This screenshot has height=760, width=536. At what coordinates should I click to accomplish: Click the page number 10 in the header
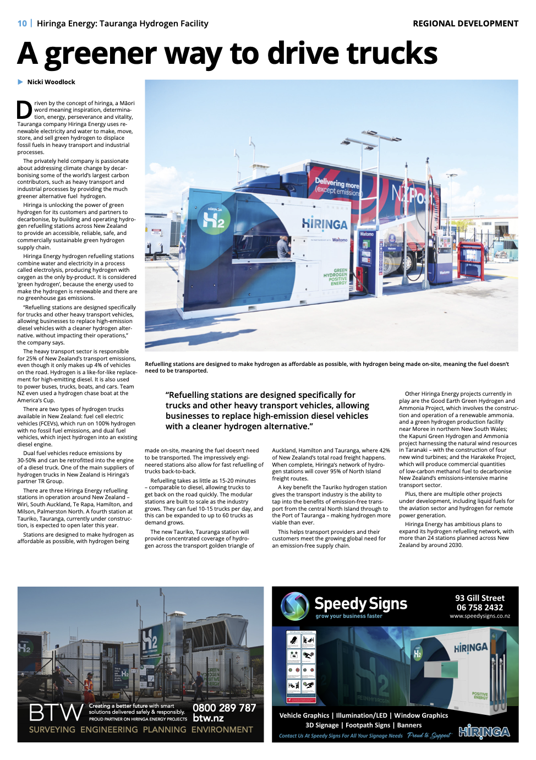22,24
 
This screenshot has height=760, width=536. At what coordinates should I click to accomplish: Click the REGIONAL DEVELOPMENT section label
465,24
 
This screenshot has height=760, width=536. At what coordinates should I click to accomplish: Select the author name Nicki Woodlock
51,82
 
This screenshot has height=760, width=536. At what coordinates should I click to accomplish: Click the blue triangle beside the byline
20,82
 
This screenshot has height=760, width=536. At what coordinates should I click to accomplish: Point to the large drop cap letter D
24,110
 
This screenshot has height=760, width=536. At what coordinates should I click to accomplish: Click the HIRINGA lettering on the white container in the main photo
325,225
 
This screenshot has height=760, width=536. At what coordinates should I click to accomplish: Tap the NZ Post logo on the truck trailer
410,194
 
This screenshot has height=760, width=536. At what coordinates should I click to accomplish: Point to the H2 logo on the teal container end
214,218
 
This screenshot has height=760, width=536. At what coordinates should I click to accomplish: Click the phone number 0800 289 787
224,708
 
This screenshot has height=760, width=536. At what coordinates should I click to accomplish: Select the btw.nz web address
208,718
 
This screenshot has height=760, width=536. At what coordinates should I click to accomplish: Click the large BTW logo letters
56,713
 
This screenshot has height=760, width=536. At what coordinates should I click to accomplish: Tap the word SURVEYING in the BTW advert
52,730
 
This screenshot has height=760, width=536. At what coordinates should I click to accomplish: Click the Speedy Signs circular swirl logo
295,606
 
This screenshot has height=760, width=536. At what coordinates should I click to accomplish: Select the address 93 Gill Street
479,598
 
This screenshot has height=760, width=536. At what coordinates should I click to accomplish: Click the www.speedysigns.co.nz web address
479,616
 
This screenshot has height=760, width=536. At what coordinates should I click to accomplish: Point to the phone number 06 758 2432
479,608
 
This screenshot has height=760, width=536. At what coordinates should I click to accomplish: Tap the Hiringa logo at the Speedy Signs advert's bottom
484,731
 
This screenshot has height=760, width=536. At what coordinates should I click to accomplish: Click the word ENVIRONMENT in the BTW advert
222,730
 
